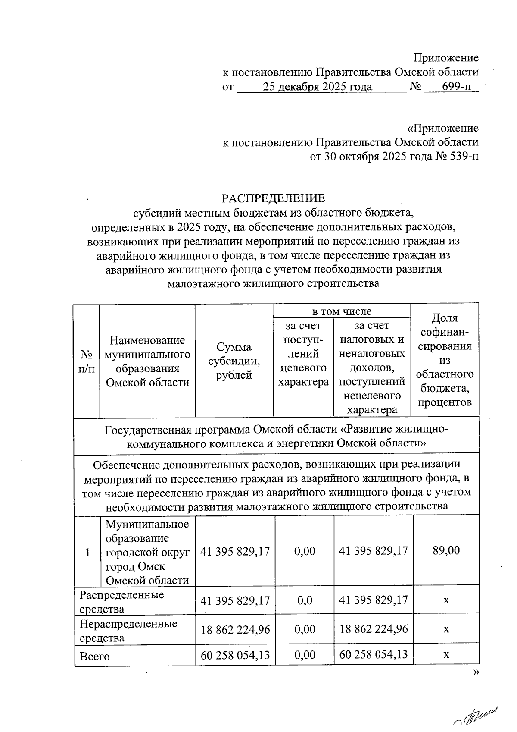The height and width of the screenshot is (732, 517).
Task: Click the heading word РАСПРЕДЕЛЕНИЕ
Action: [273, 198]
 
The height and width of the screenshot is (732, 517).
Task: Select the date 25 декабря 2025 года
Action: [318, 87]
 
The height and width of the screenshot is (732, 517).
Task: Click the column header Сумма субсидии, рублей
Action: [234, 361]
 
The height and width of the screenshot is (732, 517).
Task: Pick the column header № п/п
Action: [87, 361]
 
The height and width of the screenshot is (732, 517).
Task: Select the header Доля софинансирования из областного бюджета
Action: [445, 360]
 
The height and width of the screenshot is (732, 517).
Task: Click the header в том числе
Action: [342, 311]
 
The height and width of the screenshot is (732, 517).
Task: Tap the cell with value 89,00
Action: [446, 550]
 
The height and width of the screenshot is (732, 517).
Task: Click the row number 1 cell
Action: [87, 552]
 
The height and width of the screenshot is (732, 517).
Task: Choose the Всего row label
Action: [95, 657]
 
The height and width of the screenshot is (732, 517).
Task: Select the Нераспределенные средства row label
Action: [128, 630]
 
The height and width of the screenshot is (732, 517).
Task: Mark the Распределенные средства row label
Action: [122, 601]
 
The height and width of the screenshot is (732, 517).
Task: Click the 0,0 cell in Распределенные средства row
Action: [305, 600]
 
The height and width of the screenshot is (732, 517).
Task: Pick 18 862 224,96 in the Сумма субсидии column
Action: [235, 629]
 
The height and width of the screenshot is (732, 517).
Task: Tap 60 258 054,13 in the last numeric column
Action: [374, 655]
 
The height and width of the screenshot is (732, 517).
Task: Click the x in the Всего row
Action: [446, 655]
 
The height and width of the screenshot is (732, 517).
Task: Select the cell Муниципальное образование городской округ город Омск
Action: [147, 552]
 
